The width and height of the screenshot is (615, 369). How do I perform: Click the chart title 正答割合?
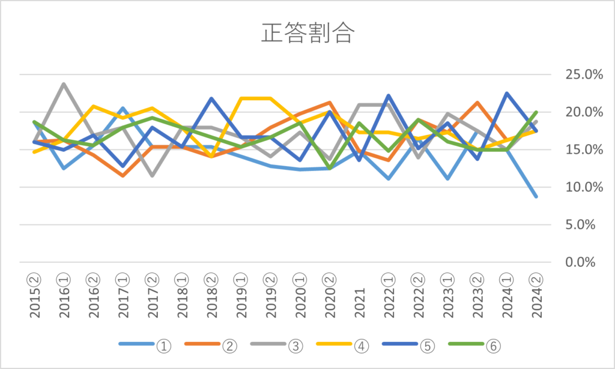pyautogui.click(x=307, y=34)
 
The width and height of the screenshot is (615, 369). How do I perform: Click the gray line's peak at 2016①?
pyautogui.click(x=64, y=84)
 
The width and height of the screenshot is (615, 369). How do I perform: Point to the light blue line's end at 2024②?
pyautogui.click(x=536, y=196)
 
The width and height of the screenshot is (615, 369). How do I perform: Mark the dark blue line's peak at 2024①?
pyautogui.click(x=507, y=93)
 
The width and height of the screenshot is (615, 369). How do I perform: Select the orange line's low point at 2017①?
pyautogui.click(x=123, y=176)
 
